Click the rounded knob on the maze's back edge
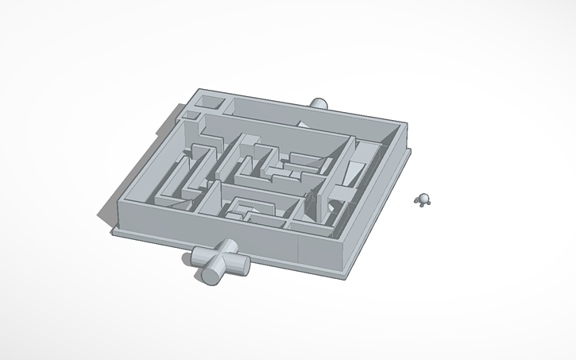tap(319, 103)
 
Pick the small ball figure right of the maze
tap(423, 199)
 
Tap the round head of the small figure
tap(423, 196)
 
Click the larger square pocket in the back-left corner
tap(211, 103)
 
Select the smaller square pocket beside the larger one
tap(191, 116)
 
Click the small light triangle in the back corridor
tap(303, 123)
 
